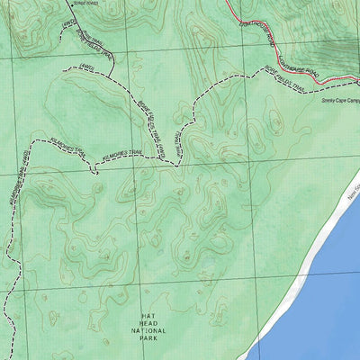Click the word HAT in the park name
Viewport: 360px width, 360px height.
(x=148, y=317)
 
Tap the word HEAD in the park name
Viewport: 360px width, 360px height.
(x=148, y=324)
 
